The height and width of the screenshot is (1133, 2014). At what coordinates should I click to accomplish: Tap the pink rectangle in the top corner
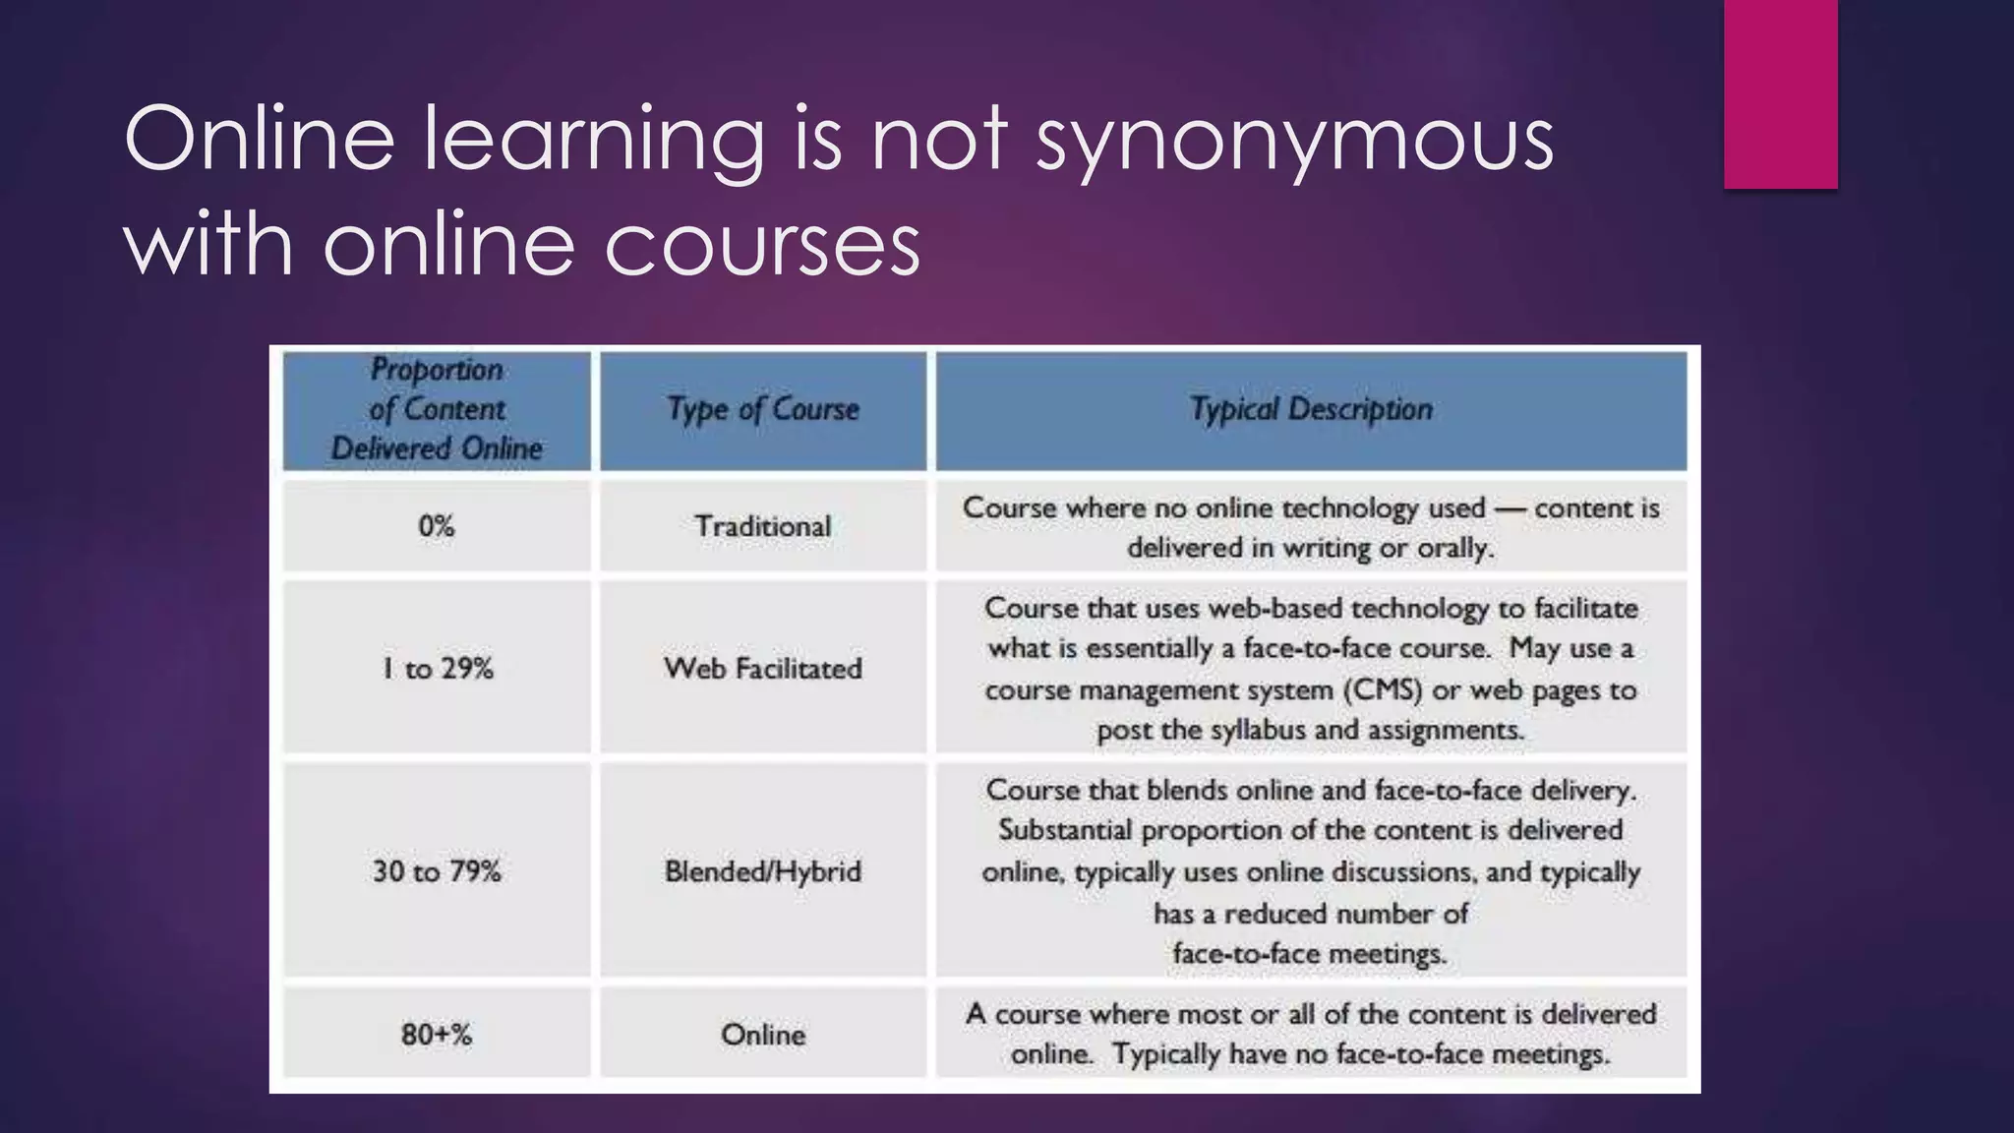[1780, 93]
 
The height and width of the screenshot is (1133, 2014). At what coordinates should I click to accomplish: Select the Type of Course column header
[763, 409]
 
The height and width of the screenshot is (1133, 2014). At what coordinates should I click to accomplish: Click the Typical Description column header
[1311, 409]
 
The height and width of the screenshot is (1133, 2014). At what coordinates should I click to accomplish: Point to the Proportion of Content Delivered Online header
[437, 409]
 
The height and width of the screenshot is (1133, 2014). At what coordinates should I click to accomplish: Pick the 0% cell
[437, 526]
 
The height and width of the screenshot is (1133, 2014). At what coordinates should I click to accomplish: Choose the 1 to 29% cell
[437, 669]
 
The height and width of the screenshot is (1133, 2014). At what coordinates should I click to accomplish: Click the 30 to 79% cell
[437, 871]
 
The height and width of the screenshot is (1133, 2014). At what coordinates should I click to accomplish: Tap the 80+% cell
[437, 1035]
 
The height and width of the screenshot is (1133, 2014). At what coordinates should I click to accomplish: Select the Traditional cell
[763, 526]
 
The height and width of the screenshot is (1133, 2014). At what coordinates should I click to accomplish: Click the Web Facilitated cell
[763, 669]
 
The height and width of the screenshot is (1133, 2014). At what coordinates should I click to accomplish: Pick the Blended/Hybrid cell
[763, 871]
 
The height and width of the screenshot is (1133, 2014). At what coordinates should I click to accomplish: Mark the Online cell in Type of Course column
[763, 1035]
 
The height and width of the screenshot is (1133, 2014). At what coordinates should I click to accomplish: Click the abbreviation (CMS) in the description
[1387, 690]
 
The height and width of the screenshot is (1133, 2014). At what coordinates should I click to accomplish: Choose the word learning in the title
[594, 140]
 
